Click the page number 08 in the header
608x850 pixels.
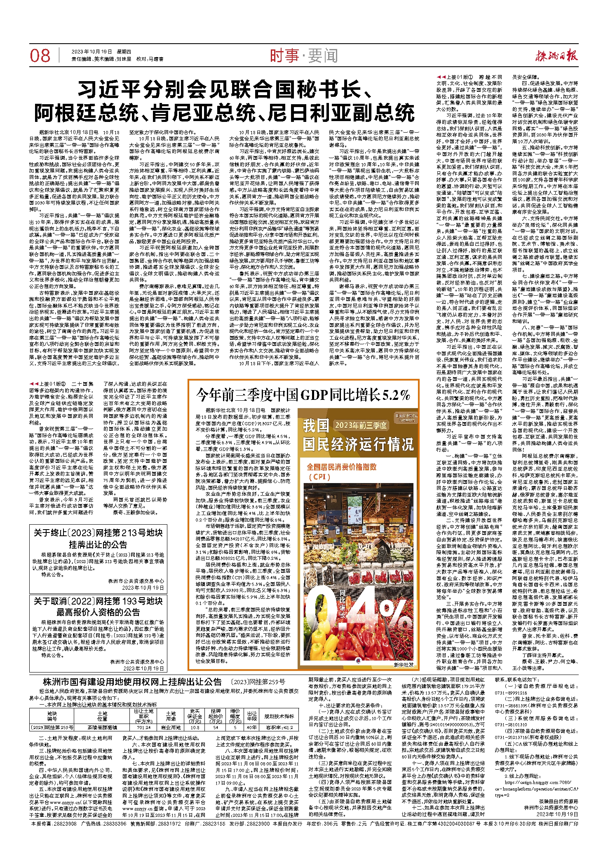click(40, 56)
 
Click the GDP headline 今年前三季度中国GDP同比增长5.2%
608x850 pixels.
click(303, 395)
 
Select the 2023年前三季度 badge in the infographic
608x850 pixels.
click(361, 425)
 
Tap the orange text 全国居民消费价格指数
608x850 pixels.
click(342, 467)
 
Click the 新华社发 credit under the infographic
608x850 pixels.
click(403, 664)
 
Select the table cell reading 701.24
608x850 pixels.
click(143, 728)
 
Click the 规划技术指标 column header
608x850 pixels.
click(279, 716)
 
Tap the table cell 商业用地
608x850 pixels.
click(171, 728)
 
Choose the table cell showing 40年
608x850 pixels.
click(251, 728)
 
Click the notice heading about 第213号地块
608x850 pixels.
click(98, 539)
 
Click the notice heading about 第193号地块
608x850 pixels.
click(98, 607)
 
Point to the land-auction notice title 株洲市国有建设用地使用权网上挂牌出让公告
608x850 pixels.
click(132, 694)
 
